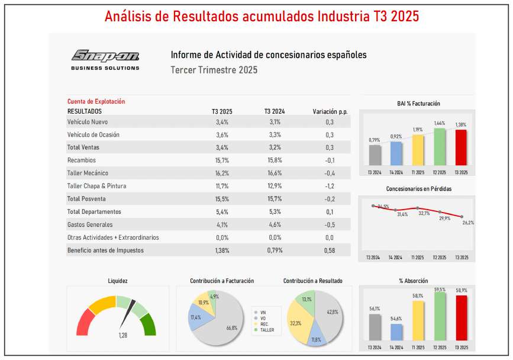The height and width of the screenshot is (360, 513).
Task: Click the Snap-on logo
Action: [105, 57]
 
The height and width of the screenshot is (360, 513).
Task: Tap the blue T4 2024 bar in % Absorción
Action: [396, 332]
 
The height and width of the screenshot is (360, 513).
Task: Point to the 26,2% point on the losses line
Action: [462, 217]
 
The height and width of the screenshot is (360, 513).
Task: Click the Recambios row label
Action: [82, 160]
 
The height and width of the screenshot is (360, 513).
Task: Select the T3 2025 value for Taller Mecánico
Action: [222, 173]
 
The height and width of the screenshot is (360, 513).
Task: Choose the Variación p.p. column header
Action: [330, 111]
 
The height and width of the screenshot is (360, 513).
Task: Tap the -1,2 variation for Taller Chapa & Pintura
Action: [330, 186]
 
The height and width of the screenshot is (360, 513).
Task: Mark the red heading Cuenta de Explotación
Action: [96, 101]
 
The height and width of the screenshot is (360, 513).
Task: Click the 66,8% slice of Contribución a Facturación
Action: [228, 326]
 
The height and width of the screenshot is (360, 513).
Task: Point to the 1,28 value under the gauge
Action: [124, 336]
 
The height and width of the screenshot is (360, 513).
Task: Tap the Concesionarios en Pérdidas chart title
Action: [418, 189]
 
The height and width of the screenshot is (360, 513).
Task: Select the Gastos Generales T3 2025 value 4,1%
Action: [222, 224]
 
